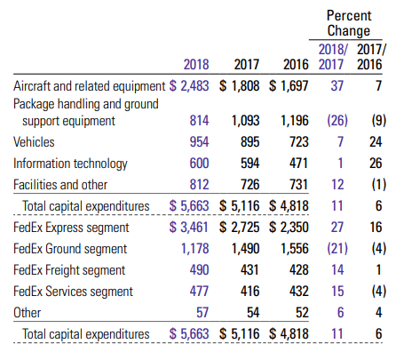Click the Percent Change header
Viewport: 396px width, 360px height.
349,23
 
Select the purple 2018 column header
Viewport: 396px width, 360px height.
196,64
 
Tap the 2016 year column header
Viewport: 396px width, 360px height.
296,64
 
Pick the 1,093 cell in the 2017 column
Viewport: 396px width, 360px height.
245,121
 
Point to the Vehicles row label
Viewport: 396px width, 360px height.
34,141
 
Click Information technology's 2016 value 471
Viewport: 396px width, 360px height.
298,163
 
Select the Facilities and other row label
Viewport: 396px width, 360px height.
60,184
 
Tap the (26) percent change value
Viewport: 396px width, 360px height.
337,121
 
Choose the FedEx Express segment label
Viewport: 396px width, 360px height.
71,228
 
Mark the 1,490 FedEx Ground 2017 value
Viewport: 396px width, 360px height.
245,248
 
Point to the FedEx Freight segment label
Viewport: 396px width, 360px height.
69,270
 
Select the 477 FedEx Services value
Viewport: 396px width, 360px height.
199,291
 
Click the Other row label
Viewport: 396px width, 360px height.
27,312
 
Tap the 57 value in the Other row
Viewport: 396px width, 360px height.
202,312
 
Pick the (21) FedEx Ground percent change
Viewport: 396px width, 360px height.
337,248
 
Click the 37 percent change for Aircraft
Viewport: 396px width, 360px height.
337,85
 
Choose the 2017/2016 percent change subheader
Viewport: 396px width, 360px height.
371,57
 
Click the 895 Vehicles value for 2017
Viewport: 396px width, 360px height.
249,141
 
